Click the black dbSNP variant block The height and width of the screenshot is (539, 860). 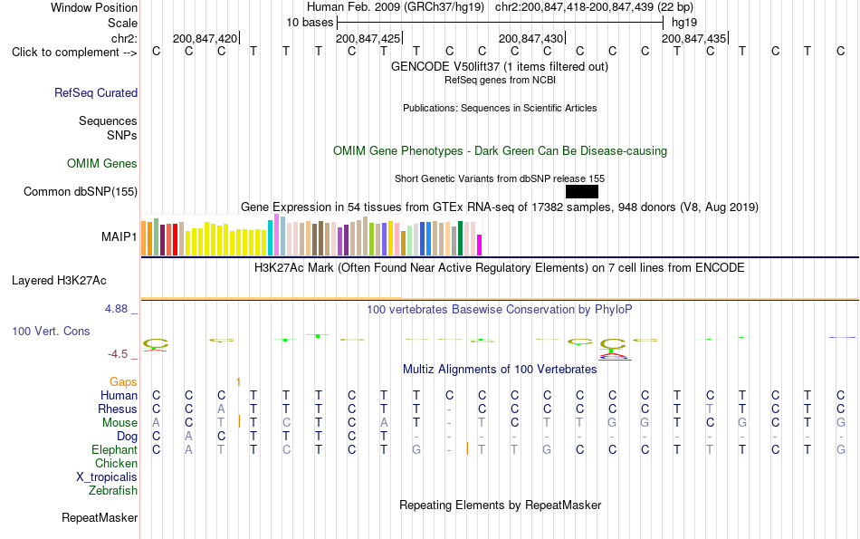(x=582, y=191)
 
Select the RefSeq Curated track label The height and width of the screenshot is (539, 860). (x=96, y=92)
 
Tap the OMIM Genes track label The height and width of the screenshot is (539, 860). (x=102, y=164)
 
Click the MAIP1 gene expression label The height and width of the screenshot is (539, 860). (x=119, y=236)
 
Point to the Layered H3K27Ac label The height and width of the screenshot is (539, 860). (x=59, y=281)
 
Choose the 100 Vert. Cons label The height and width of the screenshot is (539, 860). (x=51, y=331)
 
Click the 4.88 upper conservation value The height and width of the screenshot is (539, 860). (x=116, y=309)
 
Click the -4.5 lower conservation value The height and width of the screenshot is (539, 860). (x=118, y=354)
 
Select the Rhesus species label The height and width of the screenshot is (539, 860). (x=118, y=409)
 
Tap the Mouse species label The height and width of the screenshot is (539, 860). (x=119, y=423)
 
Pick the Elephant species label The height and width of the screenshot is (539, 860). (x=114, y=450)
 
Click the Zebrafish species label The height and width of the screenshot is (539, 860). (x=113, y=491)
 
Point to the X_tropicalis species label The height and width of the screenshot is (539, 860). (x=107, y=477)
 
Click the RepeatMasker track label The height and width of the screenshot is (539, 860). (x=100, y=517)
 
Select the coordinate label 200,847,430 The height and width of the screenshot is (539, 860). (x=530, y=38)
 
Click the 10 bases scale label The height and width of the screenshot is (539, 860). (x=310, y=23)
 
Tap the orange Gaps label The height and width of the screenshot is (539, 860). (x=123, y=381)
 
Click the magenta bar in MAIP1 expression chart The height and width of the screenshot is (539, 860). (x=480, y=245)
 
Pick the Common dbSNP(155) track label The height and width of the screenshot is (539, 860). (x=81, y=191)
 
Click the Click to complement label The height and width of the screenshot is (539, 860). (x=74, y=53)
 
